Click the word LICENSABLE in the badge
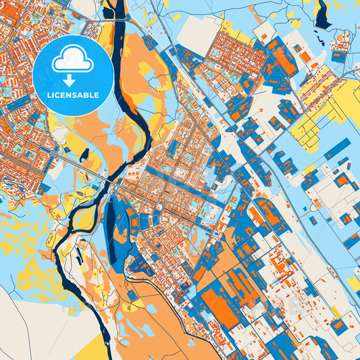point(73,95)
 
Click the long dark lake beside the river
point(111,224)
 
